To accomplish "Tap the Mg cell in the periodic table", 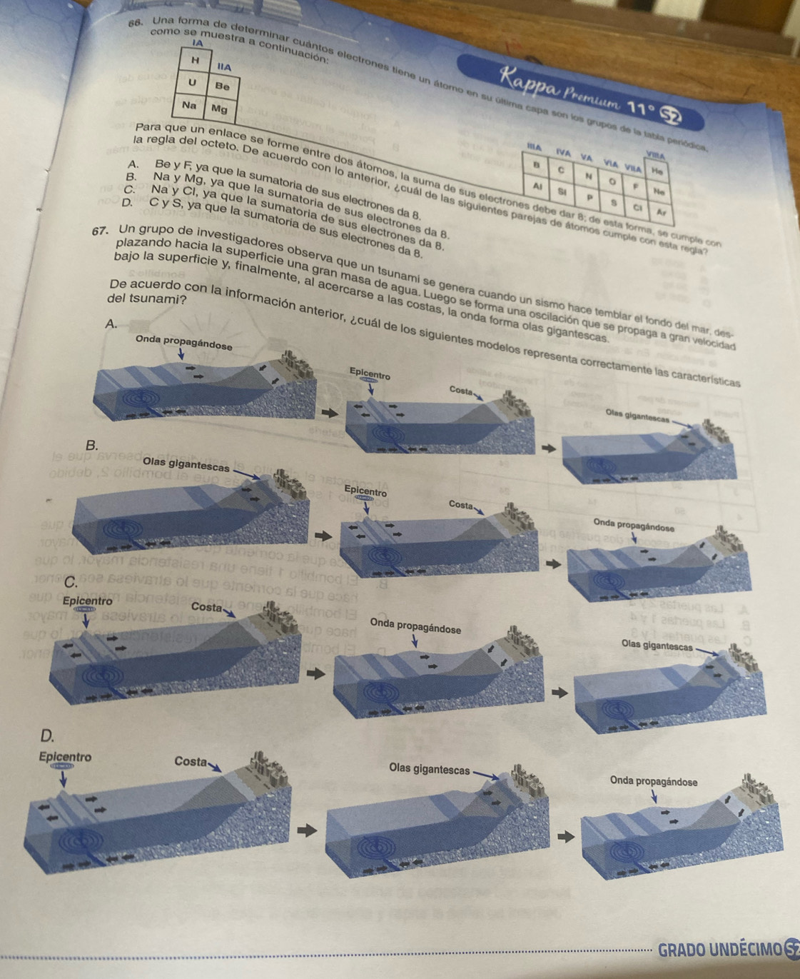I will (219, 110).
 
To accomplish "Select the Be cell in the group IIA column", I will (223, 86).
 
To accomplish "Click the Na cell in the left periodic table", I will (190, 104).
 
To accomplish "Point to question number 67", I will (100, 233).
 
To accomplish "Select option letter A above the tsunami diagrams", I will (110, 323).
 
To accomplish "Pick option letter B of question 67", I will (91, 445).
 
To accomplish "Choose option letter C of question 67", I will (70, 582).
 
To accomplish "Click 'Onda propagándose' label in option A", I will (183, 343).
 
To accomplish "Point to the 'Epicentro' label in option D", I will (65, 758).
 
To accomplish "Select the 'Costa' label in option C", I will (206, 607).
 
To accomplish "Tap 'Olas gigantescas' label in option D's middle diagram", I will (430, 769).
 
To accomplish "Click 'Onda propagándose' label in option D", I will (654, 782).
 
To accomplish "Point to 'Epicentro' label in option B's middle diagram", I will (365, 492).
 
